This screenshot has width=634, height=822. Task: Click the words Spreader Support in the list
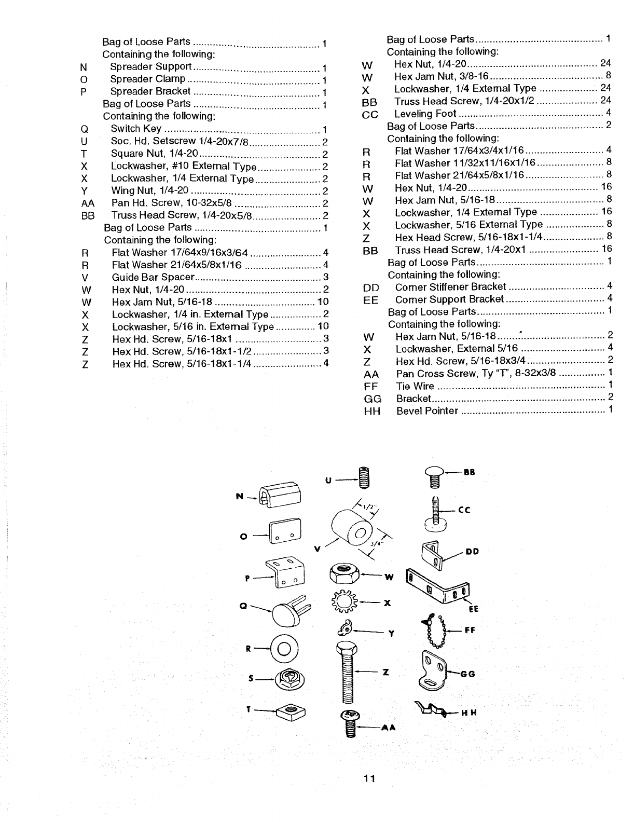pos(151,67)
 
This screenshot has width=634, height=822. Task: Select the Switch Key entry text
pos(136,129)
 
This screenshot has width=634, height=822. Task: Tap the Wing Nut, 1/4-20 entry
pos(149,190)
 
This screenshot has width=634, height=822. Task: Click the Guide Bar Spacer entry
pos(153,277)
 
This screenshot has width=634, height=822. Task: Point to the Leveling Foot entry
pos(425,114)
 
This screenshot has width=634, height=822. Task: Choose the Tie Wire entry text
pos(415,386)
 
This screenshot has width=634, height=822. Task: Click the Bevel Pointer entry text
pos(427,411)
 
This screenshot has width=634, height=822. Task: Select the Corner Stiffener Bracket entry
pos(450,287)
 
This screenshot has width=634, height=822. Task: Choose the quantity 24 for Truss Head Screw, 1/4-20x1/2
pos(605,100)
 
